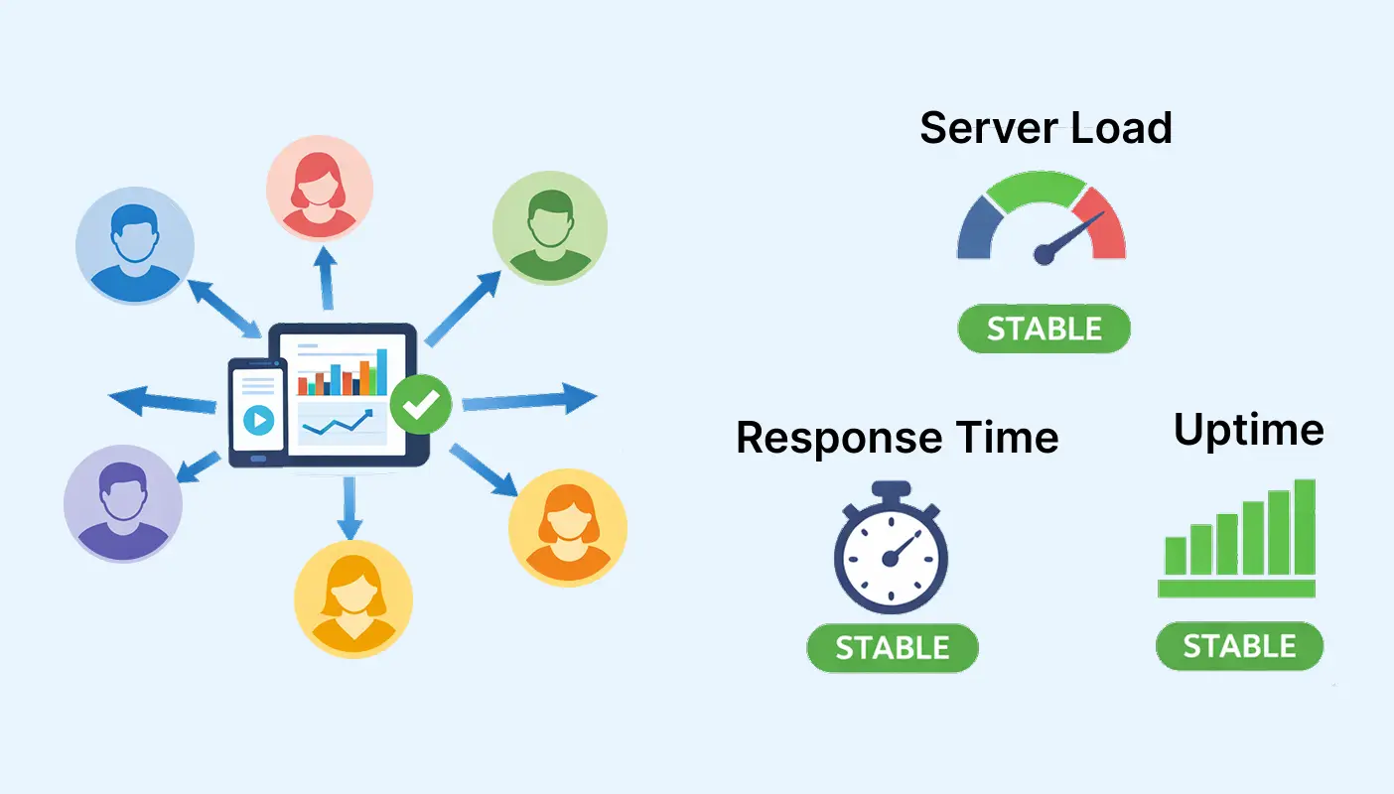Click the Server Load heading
click(1045, 129)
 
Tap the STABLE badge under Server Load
click(1044, 330)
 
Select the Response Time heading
click(897, 438)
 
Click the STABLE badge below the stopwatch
click(892, 648)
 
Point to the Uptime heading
click(1248, 430)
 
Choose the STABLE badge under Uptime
click(1239, 647)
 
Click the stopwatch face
click(891, 558)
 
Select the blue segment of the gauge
click(976, 228)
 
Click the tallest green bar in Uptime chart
click(1305, 527)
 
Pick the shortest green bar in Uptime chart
click(1176, 556)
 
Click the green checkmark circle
click(421, 403)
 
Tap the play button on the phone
click(258, 421)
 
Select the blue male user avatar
click(134, 245)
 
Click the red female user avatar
click(320, 188)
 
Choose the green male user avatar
click(550, 227)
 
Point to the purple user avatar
click(123, 504)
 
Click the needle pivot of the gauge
click(1043, 256)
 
